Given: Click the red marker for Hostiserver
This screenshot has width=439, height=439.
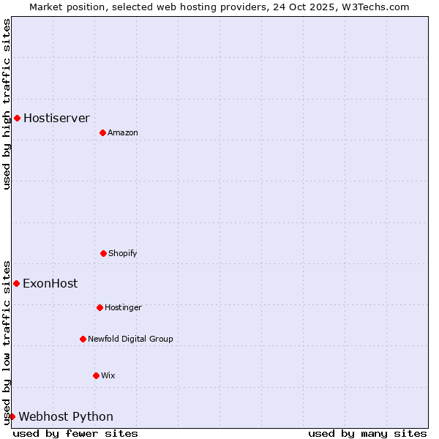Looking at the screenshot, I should click(17, 118).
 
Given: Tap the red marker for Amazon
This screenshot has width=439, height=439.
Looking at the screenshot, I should click(102, 132).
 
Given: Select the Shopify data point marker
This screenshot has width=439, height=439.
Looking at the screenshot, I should click(103, 253).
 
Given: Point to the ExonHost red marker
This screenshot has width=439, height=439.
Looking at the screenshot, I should click(16, 283).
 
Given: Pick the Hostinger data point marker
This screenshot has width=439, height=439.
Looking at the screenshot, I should click(100, 307).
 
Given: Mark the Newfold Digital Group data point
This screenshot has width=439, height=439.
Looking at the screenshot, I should click(83, 339).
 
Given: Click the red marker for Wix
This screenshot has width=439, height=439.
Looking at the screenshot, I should click(96, 375).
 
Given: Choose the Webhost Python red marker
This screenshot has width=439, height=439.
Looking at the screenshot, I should click(12, 416).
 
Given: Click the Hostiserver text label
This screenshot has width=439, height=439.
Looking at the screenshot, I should click(56, 118).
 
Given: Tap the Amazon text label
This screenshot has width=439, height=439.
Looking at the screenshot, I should click(123, 132).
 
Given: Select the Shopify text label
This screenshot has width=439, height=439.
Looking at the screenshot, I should click(123, 253).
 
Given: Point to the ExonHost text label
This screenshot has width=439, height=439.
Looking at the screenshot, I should click(50, 283).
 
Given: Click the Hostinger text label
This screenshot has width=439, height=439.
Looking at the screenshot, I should click(123, 307).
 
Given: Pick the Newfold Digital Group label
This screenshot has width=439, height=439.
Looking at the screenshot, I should click(130, 339).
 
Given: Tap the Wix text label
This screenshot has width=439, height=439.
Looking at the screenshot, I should click(108, 375).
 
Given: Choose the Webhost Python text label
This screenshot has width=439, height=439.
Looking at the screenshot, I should click(66, 416).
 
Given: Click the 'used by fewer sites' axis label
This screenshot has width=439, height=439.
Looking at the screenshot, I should click(75, 433).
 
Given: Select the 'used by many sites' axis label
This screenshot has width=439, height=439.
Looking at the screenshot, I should click(367, 433).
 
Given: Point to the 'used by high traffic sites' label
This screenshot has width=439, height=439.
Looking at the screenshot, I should click(7, 104).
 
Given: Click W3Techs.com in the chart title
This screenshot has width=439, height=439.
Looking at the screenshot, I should click(374, 7).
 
